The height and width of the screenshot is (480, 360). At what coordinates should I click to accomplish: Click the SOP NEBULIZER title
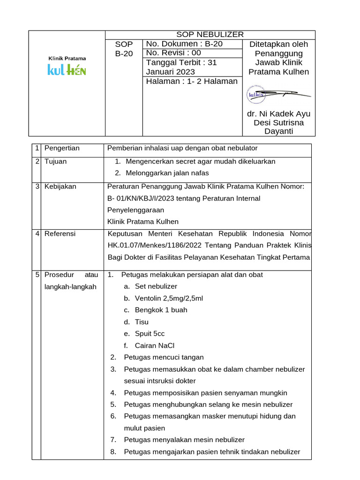point(210,34)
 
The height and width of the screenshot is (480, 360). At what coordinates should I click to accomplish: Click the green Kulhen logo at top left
point(67,70)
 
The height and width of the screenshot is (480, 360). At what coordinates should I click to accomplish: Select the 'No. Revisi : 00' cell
point(173,53)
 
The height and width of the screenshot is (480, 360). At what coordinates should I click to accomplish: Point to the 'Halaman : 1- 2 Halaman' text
point(192,81)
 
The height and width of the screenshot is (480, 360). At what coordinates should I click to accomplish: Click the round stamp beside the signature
point(257,95)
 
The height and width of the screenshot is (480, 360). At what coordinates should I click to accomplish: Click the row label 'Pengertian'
point(62,148)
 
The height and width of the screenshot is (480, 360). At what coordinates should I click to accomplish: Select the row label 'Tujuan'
point(55,161)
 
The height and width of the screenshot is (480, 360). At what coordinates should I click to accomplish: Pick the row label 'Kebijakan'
point(60,186)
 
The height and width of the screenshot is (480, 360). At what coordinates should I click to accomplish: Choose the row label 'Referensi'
point(60,233)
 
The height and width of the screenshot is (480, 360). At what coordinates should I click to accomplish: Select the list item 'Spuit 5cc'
point(150,334)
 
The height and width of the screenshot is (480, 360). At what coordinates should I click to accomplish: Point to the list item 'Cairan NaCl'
point(154,345)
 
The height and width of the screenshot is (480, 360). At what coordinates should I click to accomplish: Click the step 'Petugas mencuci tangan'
point(164,357)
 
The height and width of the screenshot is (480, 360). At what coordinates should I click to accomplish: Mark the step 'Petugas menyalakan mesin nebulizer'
point(184,440)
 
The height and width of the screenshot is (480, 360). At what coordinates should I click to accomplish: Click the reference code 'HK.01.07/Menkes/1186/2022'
point(152,245)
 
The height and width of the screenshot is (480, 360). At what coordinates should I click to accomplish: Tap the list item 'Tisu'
point(142,322)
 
